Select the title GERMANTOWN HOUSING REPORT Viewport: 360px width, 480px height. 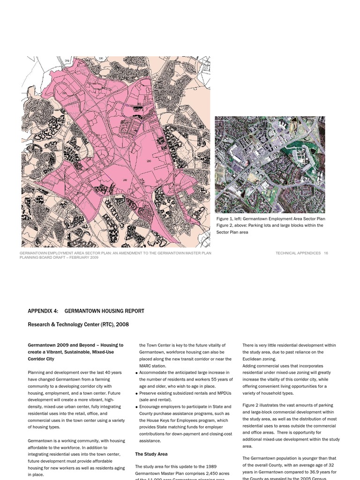(x=104, y=311)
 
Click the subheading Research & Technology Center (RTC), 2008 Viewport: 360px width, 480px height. (x=78, y=324)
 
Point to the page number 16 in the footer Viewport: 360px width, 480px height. (x=326, y=253)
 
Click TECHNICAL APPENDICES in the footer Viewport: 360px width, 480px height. (x=298, y=253)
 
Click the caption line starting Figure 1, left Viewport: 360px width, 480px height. (x=270, y=219)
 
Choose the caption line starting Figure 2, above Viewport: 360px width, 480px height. (x=270, y=225)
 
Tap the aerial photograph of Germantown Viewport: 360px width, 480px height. (x=270, y=165)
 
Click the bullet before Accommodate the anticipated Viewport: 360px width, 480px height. (x=136, y=373)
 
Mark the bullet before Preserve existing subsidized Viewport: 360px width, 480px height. (x=136, y=393)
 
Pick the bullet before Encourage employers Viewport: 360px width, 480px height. (x=136, y=407)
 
